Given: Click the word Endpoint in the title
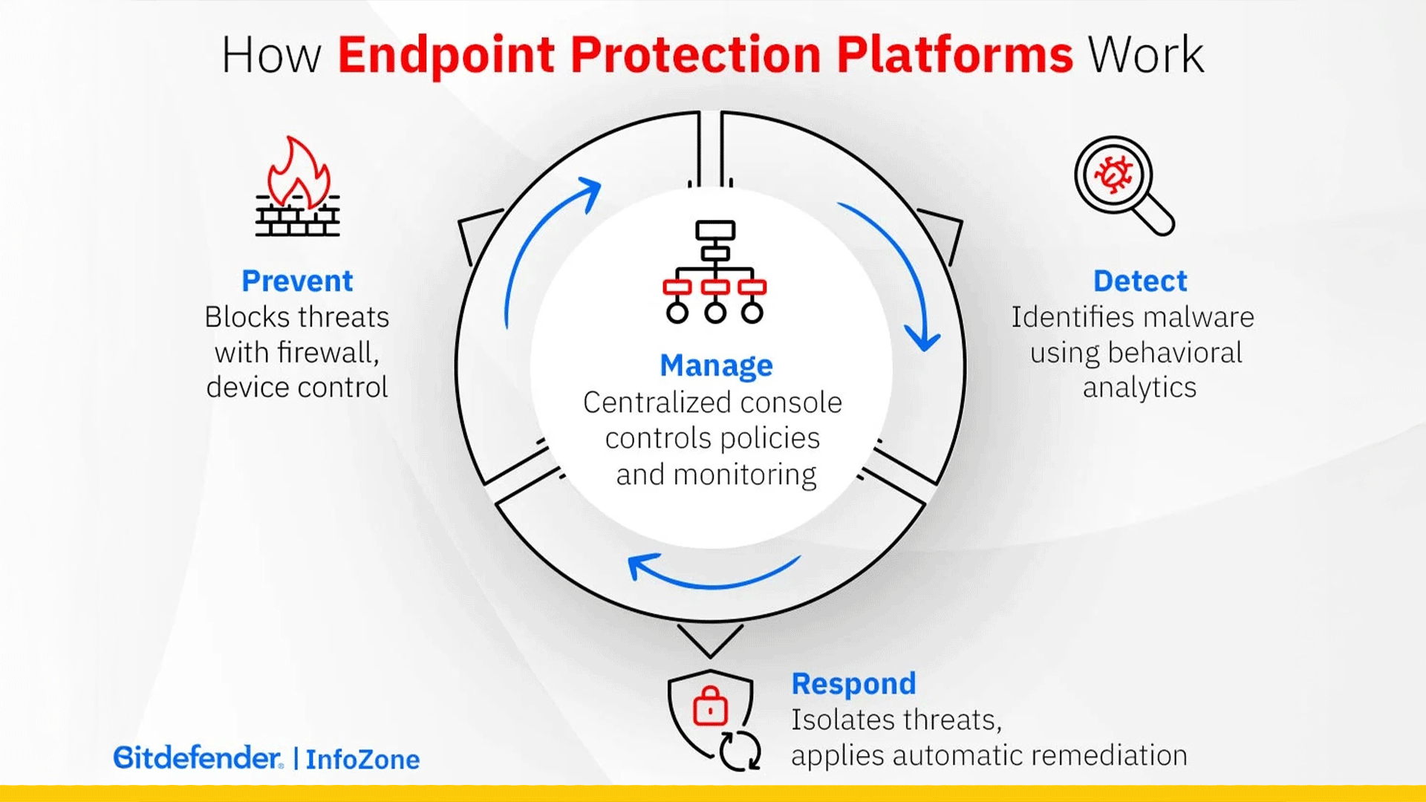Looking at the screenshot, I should coord(446,55).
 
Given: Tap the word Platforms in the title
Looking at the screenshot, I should coord(954,55).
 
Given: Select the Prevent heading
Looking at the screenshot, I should coord(297,281).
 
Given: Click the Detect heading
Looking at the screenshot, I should coord(1139,281).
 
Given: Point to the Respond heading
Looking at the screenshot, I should coord(853,683).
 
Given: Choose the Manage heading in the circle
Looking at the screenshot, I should coord(716,365).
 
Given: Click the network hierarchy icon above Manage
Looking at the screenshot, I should coord(714,272).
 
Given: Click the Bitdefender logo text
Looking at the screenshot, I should coord(198,757).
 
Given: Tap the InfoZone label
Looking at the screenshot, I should coord(362,759).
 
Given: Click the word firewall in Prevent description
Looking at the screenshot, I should coord(328,352).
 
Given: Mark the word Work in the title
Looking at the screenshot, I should coord(1145,55).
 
